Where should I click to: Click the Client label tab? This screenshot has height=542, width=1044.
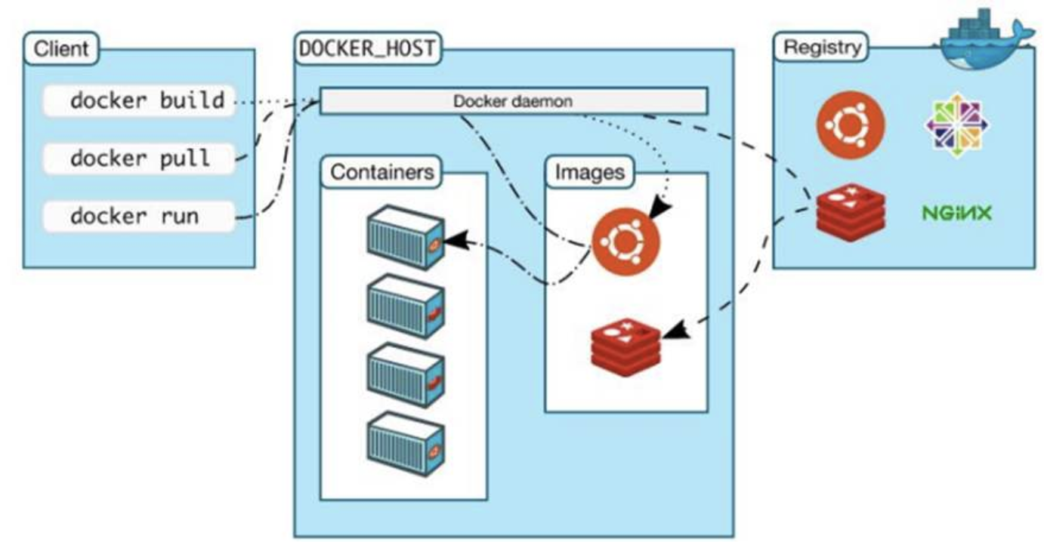click(x=61, y=50)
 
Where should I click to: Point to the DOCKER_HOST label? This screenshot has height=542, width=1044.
click(x=367, y=48)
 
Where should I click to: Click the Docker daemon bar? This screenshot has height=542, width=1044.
click(x=514, y=100)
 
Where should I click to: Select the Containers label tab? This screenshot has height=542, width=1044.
click(x=383, y=172)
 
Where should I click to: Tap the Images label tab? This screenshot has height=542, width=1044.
click(x=590, y=172)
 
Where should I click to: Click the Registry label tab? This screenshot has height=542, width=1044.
click(x=822, y=48)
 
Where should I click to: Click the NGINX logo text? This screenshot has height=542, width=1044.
click(x=956, y=214)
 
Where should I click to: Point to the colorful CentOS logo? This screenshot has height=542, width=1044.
click(x=957, y=125)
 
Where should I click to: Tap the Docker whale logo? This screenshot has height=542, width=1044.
click(x=982, y=38)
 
